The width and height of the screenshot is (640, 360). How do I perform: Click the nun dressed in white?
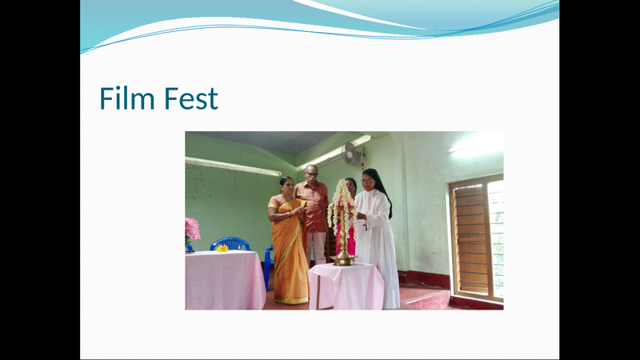click(376, 240)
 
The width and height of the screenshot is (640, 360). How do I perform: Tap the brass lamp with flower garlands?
click(343, 220)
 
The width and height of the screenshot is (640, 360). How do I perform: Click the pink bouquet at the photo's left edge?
click(192, 230)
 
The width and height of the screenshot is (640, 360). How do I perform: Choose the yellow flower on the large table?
click(222, 248)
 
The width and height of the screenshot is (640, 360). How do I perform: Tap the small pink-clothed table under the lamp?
click(346, 286)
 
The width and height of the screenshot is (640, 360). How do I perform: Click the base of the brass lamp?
click(344, 259)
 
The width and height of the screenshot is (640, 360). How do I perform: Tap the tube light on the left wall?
click(233, 166)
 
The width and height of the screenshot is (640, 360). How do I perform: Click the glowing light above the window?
click(477, 145)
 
